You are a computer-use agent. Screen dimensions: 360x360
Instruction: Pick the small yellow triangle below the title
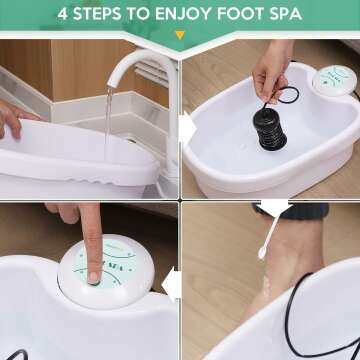coord(180,35)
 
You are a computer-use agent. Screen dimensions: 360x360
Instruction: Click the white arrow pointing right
coord(185,127)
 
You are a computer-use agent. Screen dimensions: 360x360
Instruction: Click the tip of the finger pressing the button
coord(93,271)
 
